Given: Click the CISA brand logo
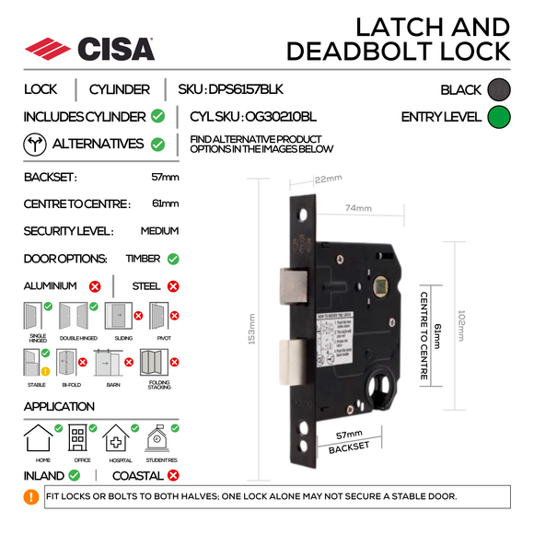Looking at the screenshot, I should [x=88, y=48].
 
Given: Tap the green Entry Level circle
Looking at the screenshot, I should [x=498, y=117].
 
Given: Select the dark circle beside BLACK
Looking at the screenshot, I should [x=498, y=89].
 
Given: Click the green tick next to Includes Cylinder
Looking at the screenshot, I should [x=158, y=117].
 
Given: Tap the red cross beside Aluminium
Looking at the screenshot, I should [x=95, y=286].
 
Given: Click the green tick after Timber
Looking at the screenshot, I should [x=173, y=259].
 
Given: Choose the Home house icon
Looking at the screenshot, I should [x=38, y=438].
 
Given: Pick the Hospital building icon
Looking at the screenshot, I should [x=118, y=438].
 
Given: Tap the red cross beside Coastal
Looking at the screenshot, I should [x=172, y=476].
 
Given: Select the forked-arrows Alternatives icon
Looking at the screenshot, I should [x=33, y=145].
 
